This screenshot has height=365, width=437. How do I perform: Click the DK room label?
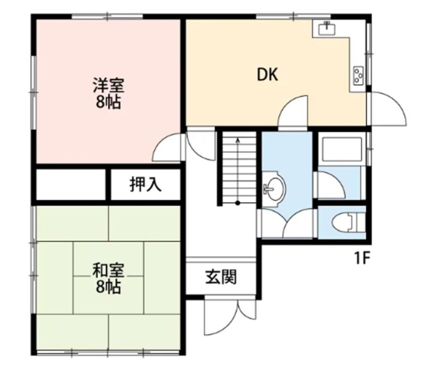pos(267,74)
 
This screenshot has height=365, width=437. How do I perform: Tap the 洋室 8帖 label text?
pos(108,93)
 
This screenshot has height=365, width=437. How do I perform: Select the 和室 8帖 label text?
pos(108,279)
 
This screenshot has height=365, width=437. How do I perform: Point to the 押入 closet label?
pos(145,184)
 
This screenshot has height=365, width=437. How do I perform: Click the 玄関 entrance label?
pos(221,276)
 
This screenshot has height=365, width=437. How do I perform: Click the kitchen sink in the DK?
pos(327,28)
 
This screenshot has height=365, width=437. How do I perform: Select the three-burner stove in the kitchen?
pos(358,75)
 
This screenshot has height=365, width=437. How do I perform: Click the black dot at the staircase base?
pos(238,203)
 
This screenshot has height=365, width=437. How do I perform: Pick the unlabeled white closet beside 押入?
pos(71,184)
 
